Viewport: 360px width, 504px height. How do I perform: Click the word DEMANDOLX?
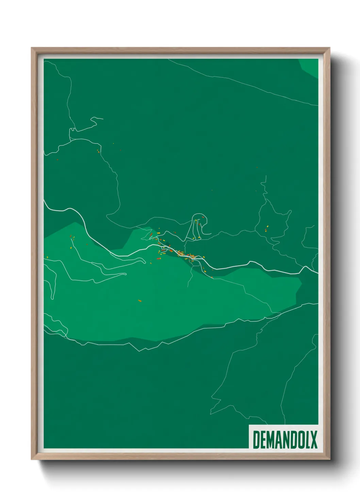[285, 440]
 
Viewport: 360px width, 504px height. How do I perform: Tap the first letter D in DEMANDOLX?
[256, 440]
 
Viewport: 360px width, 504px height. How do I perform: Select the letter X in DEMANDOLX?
[314, 440]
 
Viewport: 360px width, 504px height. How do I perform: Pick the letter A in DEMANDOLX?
[279, 440]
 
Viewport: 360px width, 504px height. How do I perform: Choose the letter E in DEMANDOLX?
[263, 440]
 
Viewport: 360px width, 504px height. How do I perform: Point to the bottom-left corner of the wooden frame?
[32, 459]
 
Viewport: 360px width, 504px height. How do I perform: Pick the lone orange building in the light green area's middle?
[140, 301]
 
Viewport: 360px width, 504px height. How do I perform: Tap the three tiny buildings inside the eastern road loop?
[266, 228]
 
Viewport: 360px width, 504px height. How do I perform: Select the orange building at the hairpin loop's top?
[203, 217]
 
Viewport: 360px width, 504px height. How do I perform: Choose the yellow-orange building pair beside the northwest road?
[98, 151]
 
